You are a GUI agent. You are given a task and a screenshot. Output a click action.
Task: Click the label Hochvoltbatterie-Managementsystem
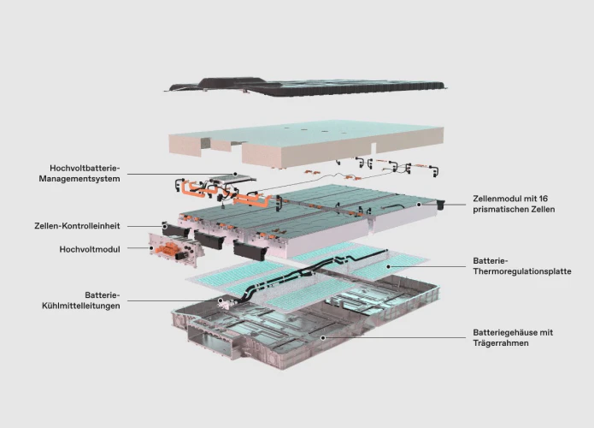79,174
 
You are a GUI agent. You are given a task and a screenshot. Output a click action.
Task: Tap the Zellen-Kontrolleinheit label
77,226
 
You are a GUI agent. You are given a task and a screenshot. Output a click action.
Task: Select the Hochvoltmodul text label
90,249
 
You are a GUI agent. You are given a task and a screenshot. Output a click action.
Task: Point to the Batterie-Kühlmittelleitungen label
80,300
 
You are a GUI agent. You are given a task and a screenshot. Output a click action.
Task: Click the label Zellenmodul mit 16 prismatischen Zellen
514,204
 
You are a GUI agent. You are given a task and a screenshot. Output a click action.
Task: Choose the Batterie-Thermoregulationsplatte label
522,266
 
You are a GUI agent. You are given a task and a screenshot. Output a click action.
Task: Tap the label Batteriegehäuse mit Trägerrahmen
513,338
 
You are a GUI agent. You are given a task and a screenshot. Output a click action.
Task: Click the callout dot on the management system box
235,174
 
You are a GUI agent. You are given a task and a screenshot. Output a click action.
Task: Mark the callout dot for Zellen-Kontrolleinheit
165,226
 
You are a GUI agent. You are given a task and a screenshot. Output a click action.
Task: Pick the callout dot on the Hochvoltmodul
151,248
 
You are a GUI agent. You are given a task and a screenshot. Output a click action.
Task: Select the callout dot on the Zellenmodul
419,205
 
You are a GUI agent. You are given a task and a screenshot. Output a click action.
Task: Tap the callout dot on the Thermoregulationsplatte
388,266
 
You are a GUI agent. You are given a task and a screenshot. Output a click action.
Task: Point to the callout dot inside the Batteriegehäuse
323,337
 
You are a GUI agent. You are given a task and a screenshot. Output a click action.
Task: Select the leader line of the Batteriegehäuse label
394,337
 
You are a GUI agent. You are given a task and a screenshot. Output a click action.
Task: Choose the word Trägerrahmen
501,343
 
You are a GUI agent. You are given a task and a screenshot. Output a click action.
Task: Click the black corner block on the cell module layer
440,205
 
